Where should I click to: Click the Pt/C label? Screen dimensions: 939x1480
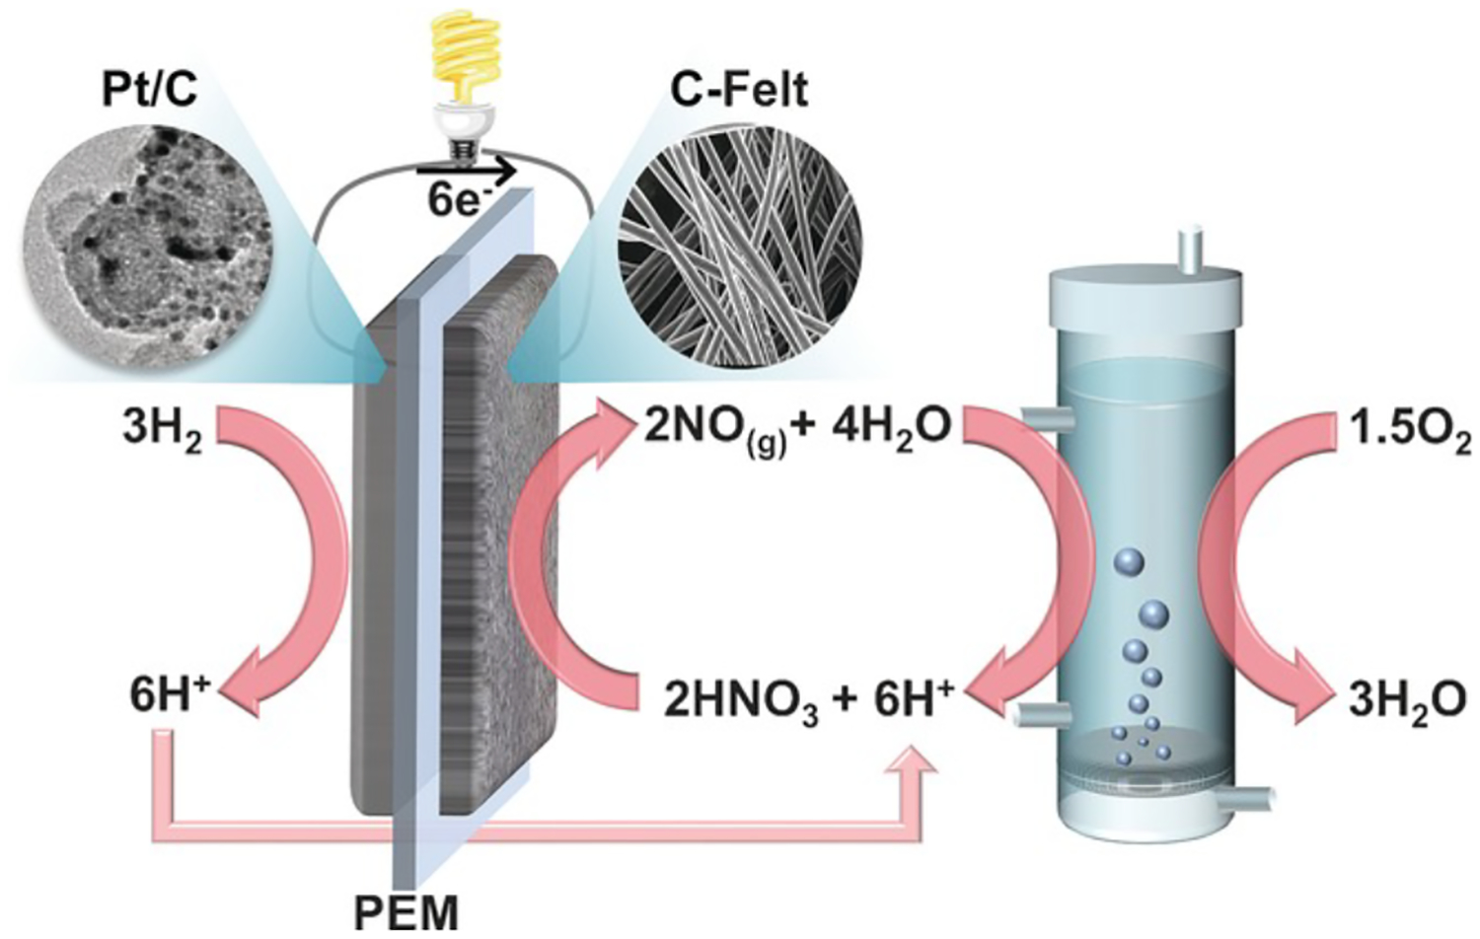[x=149, y=88]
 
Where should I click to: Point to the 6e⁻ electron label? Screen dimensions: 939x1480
[x=458, y=200]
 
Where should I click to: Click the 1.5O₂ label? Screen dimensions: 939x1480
[x=1410, y=431]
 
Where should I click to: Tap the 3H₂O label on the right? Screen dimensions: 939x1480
[x=1407, y=701]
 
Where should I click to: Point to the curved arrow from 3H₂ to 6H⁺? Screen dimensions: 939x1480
[x=296, y=552]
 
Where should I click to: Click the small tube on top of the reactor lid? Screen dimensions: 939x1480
[x=1192, y=249]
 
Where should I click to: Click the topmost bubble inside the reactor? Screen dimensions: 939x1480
[x=1128, y=563]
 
